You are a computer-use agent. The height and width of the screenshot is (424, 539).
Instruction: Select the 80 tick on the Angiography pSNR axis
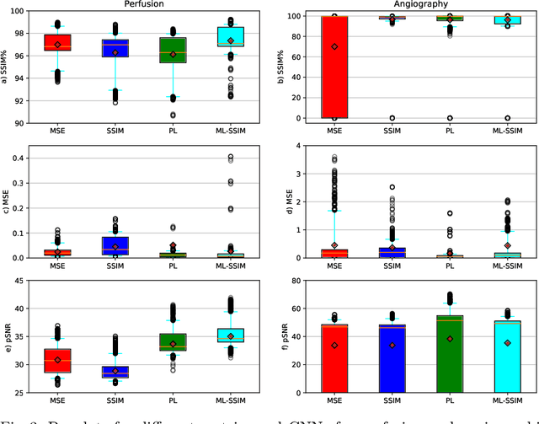click(296, 282)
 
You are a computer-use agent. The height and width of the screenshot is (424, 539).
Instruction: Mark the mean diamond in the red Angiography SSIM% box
click(334, 46)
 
